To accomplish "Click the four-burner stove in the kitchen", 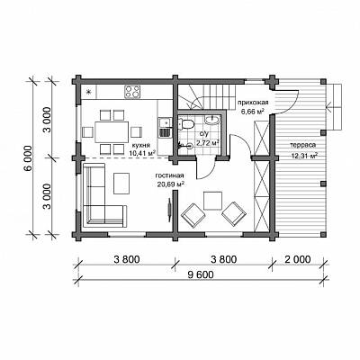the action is coord(132,92).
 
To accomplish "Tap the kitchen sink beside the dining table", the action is coord(164,122).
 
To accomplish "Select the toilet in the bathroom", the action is coord(186,124).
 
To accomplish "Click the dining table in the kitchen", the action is coord(112,132).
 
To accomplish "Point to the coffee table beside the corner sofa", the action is coord(121,183).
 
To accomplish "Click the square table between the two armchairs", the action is coord(212,201).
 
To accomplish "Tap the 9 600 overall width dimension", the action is coord(201,274).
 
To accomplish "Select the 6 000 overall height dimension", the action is coord(27,158).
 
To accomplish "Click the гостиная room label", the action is coord(169,175).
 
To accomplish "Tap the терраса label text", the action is coord(303,145).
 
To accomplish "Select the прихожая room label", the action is coord(252,103).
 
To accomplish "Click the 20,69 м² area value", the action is coord(170,184).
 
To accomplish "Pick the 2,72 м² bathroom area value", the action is coord(207,143).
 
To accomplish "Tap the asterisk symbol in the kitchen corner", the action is coord(89,92).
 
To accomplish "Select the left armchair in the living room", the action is coord(193,214).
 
